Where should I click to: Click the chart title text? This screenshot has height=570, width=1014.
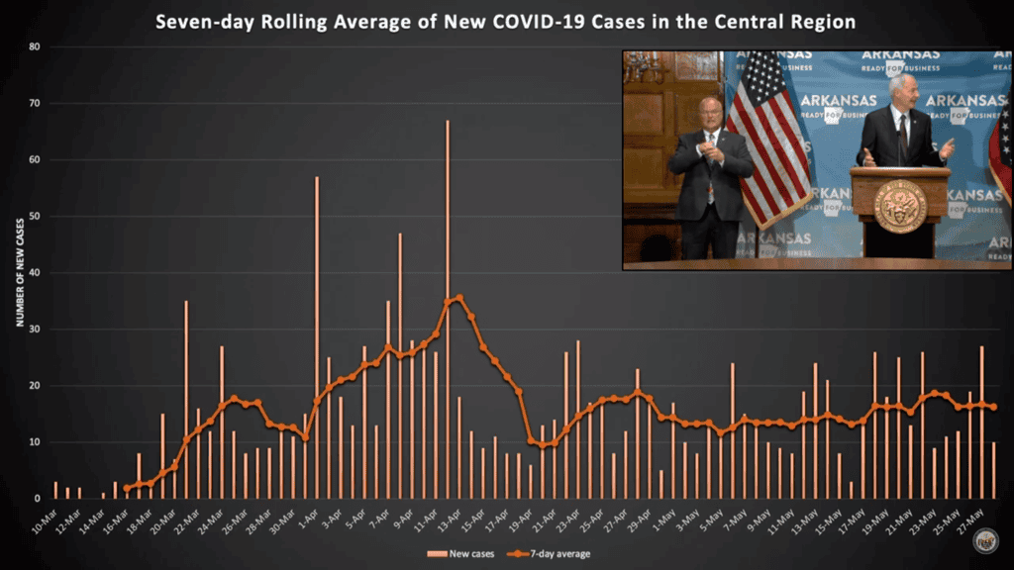tap(506, 21)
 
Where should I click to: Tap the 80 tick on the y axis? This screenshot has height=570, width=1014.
tap(34, 47)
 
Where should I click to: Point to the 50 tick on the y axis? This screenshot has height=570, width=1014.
tap(34, 216)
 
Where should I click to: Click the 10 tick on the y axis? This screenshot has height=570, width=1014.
tap(34, 442)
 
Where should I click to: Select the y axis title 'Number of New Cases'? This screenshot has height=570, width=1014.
tap(19, 273)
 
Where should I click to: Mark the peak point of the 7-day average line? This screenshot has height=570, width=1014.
tap(459, 297)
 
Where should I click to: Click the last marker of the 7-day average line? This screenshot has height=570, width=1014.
tap(993, 407)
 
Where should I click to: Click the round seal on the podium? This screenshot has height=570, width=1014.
tap(900, 205)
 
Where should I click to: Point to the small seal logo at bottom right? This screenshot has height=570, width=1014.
tap(984, 539)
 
